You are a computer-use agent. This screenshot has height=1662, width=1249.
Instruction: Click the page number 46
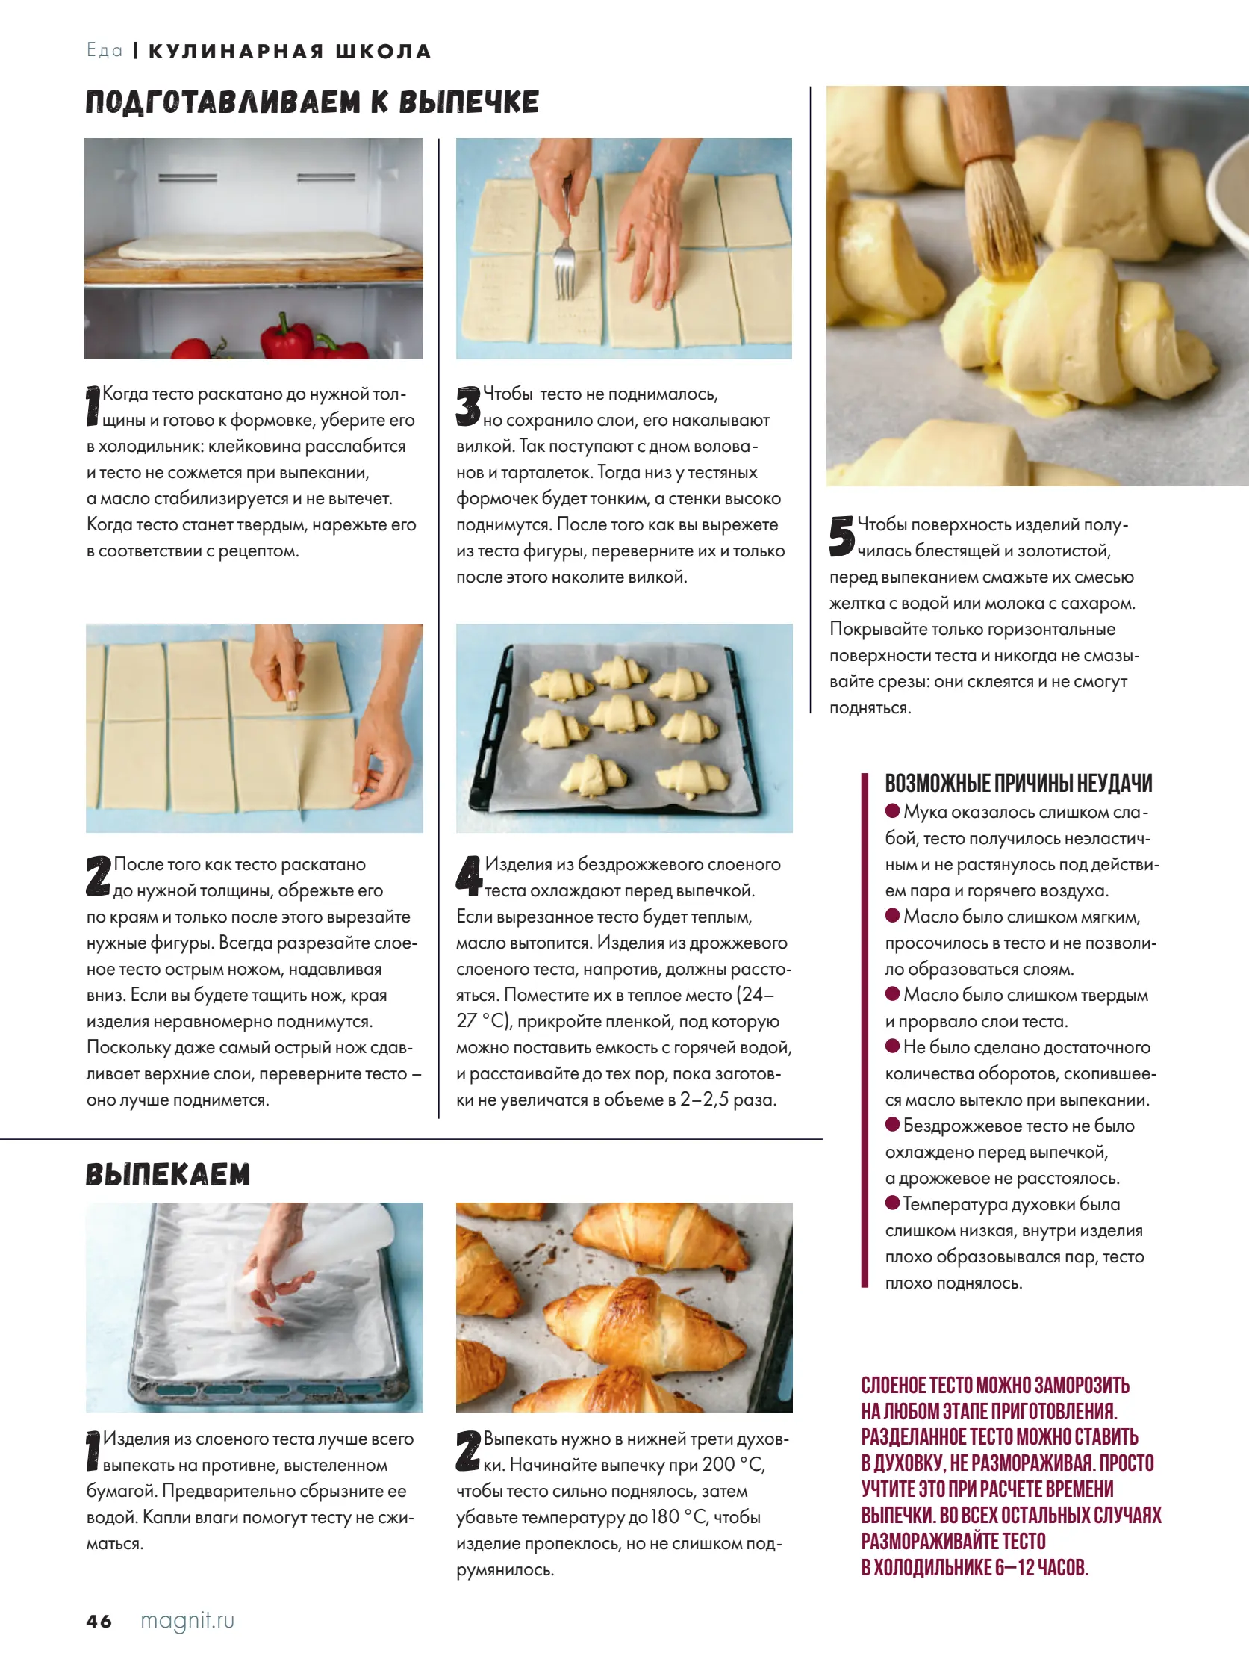(x=99, y=1621)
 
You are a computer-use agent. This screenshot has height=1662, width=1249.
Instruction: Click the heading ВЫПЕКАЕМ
(x=167, y=1174)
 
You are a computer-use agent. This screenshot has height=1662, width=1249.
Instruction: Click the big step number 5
(x=842, y=536)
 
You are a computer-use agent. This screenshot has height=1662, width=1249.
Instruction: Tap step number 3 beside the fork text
(x=468, y=406)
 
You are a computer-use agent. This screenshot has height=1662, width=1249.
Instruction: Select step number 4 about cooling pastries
(x=469, y=875)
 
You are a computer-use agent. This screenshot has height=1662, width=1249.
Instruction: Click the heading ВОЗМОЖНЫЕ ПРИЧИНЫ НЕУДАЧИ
(x=1018, y=783)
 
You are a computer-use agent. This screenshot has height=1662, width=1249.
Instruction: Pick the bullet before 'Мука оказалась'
(x=892, y=810)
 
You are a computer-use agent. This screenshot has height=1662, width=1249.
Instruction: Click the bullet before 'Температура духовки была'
(x=892, y=1203)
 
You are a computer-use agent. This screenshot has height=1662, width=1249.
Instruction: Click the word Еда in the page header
(x=105, y=50)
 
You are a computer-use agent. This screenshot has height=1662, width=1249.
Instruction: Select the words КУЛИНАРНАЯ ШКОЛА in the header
(x=290, y=51)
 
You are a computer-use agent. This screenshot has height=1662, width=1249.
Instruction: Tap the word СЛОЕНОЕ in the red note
(x=894, y=1386)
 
